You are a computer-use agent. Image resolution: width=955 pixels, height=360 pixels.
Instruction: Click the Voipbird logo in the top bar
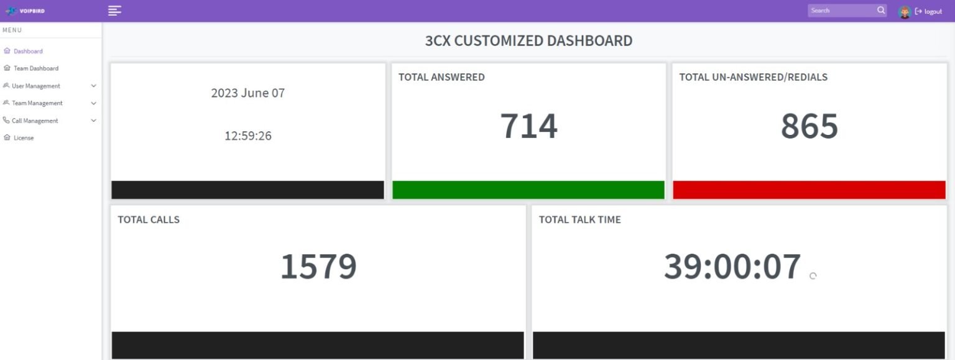(25, 11)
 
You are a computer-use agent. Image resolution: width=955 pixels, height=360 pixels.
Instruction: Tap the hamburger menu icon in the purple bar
(114, 11)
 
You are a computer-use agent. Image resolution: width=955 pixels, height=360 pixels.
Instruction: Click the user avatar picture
(905, 11)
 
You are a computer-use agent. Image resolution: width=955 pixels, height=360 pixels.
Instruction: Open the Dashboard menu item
(28, 51)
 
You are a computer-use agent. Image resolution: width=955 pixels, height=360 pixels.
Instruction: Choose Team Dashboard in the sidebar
(36, 68)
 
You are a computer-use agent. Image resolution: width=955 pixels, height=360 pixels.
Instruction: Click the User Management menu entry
(36, 86)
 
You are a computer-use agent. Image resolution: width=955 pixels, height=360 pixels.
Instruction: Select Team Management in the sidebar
(37, 103)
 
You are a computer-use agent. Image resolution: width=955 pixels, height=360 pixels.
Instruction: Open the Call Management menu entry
(35, 121)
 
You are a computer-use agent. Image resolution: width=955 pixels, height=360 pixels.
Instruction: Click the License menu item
(24, 138)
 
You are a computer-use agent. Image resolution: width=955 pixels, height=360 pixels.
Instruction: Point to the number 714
(528, 126)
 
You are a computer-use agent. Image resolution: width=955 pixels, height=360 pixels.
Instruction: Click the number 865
(809, 126)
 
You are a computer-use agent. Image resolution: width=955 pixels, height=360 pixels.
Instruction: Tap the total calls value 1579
(318, 266)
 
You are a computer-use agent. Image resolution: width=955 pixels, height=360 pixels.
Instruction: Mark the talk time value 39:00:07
(732, 266)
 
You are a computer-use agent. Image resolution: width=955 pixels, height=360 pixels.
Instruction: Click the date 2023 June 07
(247, 93)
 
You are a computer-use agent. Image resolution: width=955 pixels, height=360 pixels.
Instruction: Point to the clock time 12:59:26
(248, 136)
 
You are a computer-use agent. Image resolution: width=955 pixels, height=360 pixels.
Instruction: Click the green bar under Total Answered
(528, 190)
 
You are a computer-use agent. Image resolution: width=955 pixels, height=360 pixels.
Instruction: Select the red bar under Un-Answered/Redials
(809, 190)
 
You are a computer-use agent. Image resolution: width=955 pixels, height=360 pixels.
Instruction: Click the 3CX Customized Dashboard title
(528, 41)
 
